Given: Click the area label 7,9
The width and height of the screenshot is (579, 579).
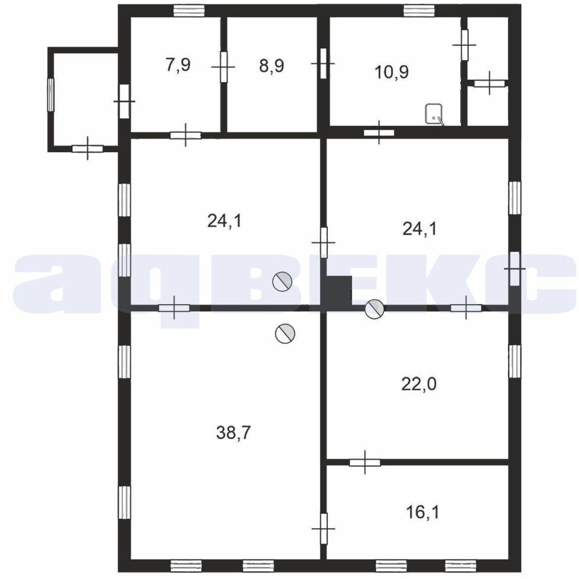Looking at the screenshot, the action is coord(178,65).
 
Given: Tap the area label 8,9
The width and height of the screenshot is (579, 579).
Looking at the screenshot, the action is coord(271,66).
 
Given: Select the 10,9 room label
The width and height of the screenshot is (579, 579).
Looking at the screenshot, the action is coord(392,72).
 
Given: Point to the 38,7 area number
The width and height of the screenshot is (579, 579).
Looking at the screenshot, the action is coord(233,432).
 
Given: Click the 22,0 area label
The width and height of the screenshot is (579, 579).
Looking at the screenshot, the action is coord(419,384).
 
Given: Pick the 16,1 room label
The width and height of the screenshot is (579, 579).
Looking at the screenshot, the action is coord(422,513).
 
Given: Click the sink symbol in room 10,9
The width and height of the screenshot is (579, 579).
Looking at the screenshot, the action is coord(434,114).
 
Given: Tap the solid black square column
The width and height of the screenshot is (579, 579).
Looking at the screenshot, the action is coord(339,291).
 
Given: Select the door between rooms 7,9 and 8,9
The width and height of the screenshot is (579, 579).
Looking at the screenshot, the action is coord(224,67).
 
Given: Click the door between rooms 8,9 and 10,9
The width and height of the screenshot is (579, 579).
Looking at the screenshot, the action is coord(324,63).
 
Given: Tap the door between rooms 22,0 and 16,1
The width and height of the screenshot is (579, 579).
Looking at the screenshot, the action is coord(365,462).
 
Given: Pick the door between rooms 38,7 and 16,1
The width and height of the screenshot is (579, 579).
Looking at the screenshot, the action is coord(324,529).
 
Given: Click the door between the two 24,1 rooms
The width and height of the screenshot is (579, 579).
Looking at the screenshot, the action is coord(324,242).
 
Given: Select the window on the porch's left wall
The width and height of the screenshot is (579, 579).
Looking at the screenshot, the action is coord(51,95).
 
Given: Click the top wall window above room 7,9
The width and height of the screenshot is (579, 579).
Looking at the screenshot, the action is coord(189,10).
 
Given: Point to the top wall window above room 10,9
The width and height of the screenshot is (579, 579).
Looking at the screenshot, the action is coord(419,10).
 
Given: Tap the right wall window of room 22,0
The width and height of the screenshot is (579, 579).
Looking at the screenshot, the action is coord(515,361).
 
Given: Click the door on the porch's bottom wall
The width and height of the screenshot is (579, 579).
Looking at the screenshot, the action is coord(87,148).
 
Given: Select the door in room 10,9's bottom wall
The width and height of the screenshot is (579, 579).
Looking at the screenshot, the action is coord(379,132).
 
